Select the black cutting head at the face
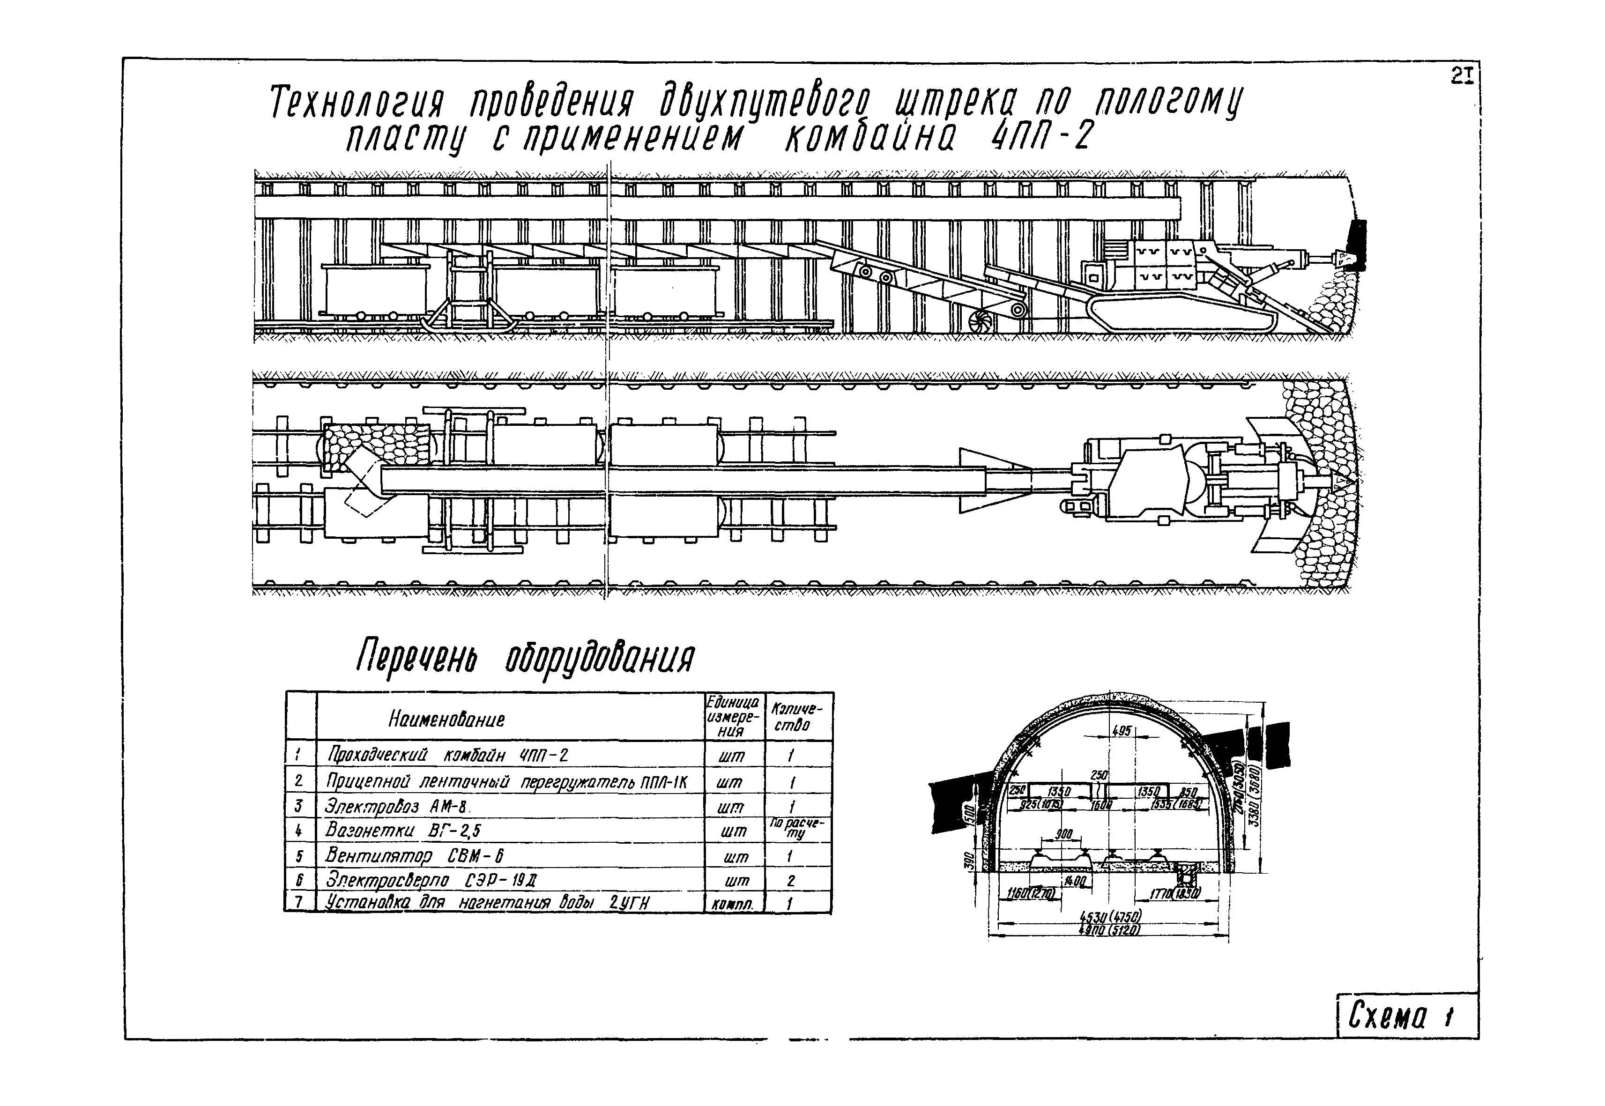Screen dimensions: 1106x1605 click(1356, 244)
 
